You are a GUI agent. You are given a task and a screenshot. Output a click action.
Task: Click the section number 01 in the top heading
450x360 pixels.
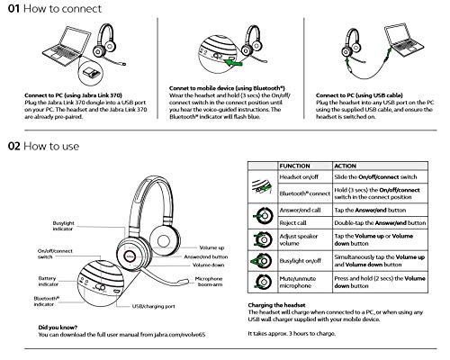pyautogui.click(x=13, y=10)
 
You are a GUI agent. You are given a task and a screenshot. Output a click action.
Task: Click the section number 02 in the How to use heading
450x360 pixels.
pyautogui.click(x=14, y=145)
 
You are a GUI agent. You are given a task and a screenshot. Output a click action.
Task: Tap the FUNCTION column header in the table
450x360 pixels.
pyautogui.click(x=297, y=166)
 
